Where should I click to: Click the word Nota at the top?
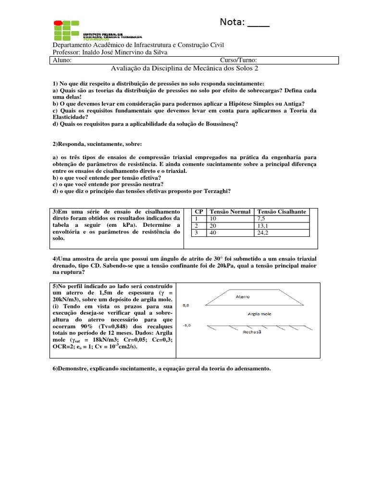[x=233, y=22]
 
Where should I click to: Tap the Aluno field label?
[x=62, y=61]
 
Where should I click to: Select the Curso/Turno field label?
[x=238, y=61]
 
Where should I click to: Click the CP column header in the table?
[x=198, y=211]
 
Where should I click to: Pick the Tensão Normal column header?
[x=230, y=211]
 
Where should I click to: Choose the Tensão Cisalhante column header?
[x=282, y=211]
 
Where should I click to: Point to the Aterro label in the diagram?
[x=242, y=296]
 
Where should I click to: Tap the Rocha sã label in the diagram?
[x=253, y=332]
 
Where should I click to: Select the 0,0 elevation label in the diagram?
[x=186, y=305]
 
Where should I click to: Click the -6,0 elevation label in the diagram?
[x=186, y=325]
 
